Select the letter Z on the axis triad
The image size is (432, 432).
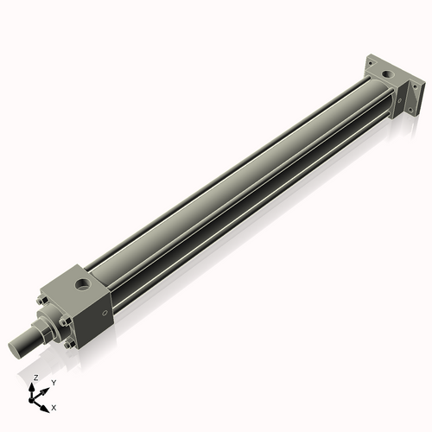(x=35, y=378)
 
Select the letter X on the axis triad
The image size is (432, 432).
(x=54, y=406)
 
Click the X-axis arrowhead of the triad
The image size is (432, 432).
(x=46, y=404)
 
